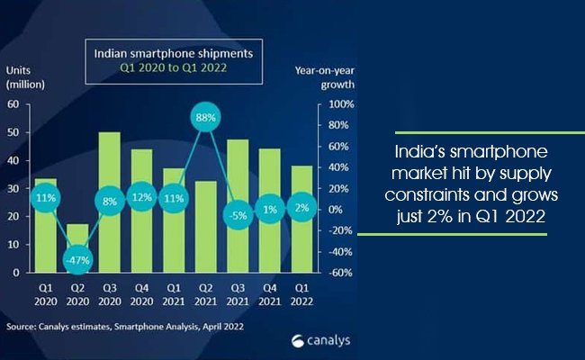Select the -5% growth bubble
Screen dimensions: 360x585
(x=238, y=215)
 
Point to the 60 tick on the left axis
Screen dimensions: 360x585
(x=13, y=104)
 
